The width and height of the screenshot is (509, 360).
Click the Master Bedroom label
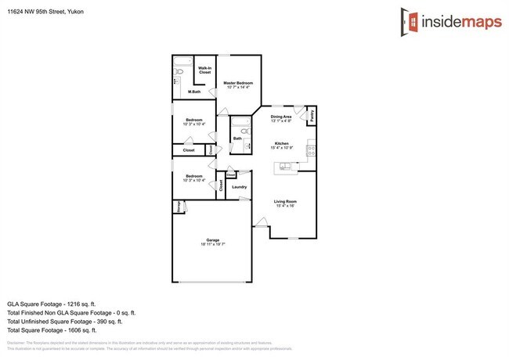(237, 83)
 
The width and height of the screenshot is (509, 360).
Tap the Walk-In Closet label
(204, 70)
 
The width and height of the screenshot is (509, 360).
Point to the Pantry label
(312, 116)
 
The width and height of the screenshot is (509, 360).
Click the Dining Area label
(281, 117)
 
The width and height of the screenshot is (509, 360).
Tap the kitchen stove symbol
(311, 147)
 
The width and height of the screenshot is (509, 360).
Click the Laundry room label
(240, 187)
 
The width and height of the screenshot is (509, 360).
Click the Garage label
(212, 239)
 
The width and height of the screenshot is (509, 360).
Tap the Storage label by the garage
(178, 207)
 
